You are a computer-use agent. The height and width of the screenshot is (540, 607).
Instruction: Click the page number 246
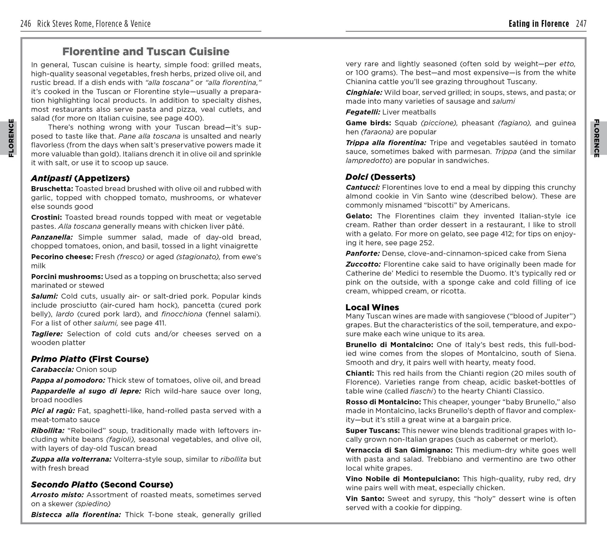[x=25, y=24]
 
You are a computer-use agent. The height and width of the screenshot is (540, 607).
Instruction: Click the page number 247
[x=581, y=24]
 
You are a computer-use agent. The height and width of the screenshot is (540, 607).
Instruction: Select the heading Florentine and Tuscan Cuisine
[x=146, y=52]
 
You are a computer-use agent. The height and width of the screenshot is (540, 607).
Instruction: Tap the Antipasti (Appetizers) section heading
[x=80, y=178]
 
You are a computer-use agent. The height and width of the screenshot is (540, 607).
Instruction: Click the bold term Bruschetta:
[x=52, y=189]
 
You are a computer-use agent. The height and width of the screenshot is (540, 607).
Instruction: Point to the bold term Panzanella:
[x=52, y=237]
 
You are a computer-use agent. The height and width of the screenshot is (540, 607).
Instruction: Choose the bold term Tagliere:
[x=47, y=334]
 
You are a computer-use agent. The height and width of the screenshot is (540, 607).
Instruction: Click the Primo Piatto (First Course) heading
[x=90, y=359]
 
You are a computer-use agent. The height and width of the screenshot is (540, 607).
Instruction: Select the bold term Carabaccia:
[x=52, y=370]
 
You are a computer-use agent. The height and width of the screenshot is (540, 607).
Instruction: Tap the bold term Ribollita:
[x=48, y=431]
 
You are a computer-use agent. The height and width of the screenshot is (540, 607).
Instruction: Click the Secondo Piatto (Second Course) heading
[x=102, y=484]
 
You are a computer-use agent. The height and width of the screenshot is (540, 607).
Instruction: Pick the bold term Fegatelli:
[x=363, y=112]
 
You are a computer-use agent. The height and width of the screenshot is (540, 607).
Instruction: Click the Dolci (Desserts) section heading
[x=380, y=177]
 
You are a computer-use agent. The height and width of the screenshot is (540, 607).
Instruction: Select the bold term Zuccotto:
[x=363, y=265]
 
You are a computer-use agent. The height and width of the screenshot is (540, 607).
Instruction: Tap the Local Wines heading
[x=372, y=307]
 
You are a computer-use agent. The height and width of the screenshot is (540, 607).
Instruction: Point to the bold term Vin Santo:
[x=365, y=499]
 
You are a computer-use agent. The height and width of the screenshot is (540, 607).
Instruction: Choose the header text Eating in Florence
[x=539, y=24]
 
